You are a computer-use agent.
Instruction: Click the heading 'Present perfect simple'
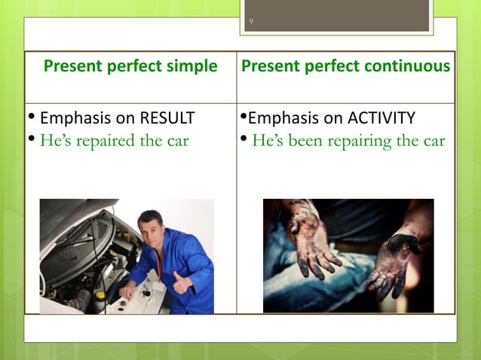pyautogui.click(x=130, y=66)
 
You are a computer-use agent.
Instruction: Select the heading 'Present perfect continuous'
pyautogui.click(x=345, y=66)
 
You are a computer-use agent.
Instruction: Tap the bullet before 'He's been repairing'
pyautogui.click(x=243, y=140)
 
